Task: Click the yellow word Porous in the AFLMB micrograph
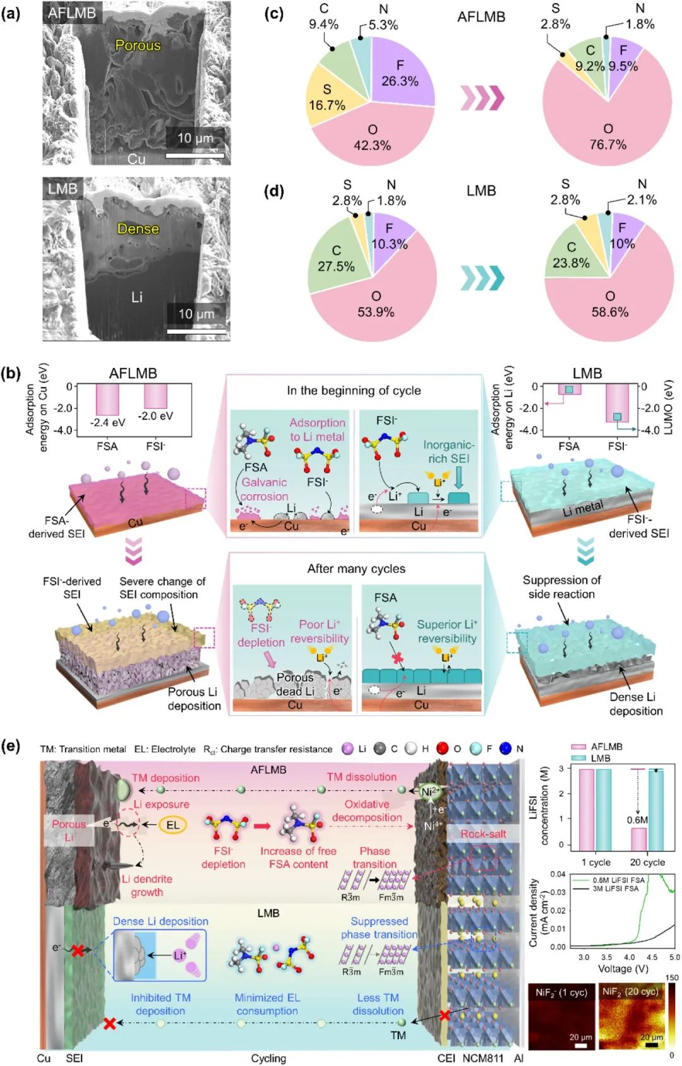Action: pos(138,45)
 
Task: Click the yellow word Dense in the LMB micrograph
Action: pos(138,228)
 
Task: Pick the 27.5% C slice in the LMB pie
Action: pos(336,258)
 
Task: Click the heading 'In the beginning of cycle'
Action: pos(354,391)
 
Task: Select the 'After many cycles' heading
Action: pos(356,569)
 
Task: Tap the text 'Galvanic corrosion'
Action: pos(264,489)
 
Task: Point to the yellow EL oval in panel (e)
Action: pos(172,825)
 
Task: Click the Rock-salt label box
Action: pos(483,834)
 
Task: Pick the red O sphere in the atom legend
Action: pos(443,749)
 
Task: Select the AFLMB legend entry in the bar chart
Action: pos(597,747)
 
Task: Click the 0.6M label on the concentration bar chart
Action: pos(638,820)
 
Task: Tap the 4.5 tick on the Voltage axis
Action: pos(652,957)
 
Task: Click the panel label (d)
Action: pos(273,191)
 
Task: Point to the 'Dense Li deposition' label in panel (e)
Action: pos(160,921)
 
